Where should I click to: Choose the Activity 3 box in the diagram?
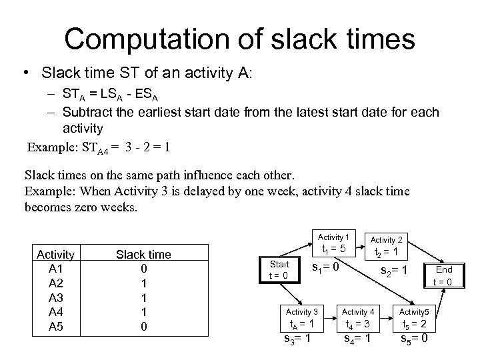[301, 319]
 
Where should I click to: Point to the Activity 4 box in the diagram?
[358, 319]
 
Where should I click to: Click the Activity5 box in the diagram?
[414, 319]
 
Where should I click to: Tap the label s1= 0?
[326, 268]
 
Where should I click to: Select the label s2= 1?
[393, 271]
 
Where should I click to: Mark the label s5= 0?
[414, 337]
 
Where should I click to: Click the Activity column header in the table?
[55, 254]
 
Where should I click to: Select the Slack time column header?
[143, 254]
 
